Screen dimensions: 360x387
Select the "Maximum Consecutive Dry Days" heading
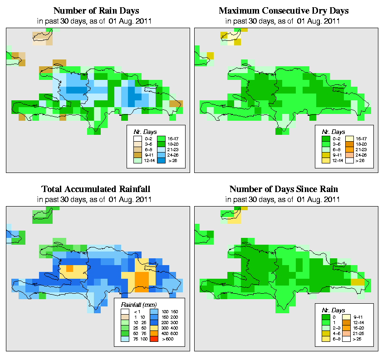284,10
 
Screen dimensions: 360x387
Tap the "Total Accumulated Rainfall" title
96,189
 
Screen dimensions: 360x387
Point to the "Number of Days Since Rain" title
284,189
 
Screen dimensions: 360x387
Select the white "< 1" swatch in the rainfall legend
125,311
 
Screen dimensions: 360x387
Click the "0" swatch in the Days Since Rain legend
326,316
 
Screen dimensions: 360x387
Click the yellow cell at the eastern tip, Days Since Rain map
357,281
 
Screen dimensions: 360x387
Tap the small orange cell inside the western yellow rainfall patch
69,268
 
